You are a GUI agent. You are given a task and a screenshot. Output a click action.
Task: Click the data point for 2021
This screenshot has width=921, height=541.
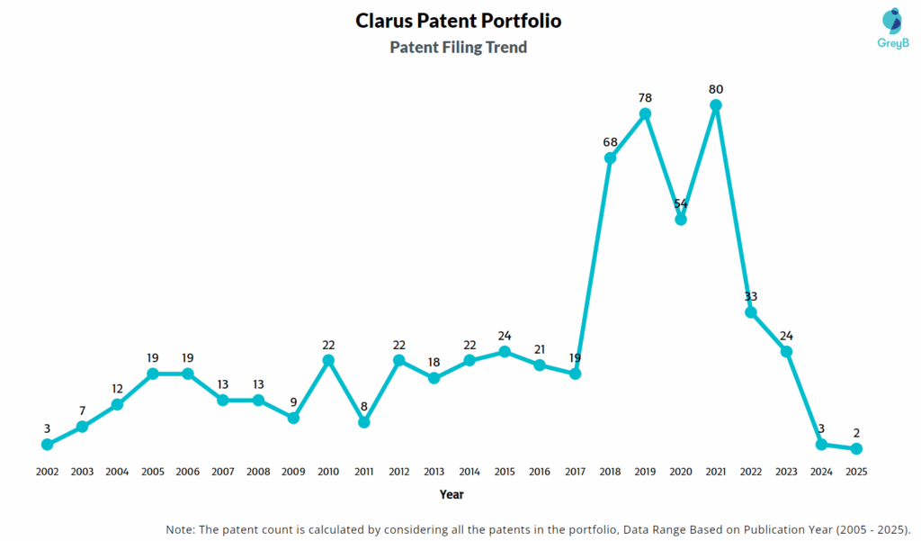coord(716,105)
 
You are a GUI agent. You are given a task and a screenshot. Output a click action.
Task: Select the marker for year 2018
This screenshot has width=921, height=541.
coord(610,158)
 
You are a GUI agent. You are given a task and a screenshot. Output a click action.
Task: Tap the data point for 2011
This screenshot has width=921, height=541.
coord(363,421)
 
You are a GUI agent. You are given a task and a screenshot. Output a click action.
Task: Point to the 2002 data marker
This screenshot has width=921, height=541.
coord(47,444)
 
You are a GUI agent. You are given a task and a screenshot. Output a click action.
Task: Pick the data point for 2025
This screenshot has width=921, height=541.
coord(856,448)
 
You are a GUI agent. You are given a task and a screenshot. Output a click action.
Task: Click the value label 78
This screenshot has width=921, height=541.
coord(645,97)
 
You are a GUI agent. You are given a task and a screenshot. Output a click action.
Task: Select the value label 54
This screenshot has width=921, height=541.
coord(681,203)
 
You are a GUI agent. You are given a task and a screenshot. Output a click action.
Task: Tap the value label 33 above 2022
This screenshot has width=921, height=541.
coord(751,296)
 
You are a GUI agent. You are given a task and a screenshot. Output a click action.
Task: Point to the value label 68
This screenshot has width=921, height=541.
coord(610,142)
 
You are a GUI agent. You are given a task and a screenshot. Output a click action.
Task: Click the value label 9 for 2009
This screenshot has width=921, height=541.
coord(293,401)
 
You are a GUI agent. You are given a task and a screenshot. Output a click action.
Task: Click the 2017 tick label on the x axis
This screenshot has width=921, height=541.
coord(575,471)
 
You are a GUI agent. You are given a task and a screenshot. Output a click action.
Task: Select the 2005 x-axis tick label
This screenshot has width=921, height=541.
coord(152,471)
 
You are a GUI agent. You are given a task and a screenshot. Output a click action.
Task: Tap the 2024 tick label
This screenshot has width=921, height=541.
coord(821,471)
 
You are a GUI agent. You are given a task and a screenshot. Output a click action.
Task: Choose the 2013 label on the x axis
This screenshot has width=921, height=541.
coord(434,471)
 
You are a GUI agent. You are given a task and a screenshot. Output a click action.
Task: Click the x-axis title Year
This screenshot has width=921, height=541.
coord(452,494)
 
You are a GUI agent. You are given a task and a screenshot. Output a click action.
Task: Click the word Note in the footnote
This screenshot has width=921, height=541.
coord(183,528)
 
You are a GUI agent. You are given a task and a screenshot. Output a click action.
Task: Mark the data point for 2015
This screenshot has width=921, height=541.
coord(505,351)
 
